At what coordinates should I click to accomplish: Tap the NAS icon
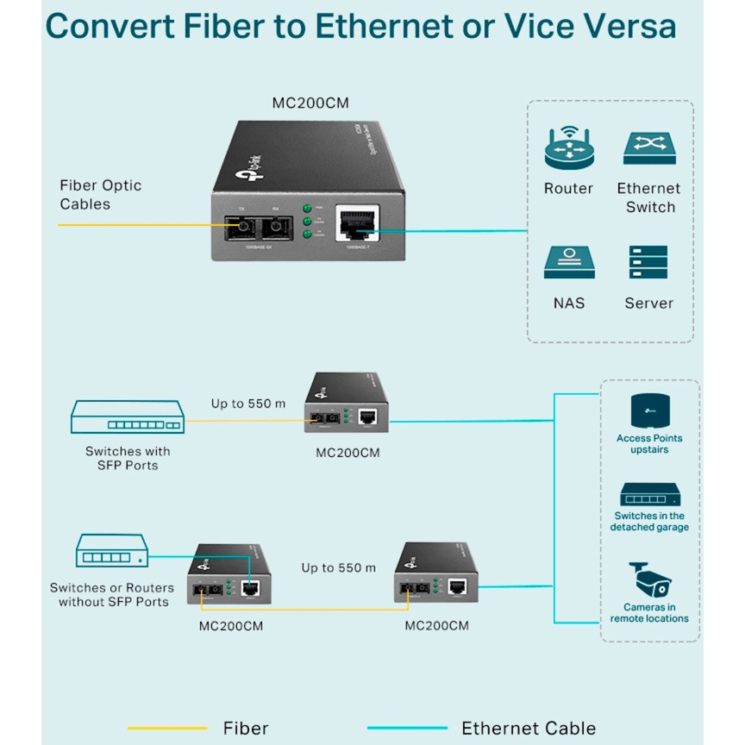(569, 263)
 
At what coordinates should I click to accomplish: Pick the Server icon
(648, 262)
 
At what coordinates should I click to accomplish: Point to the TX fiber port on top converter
(242, 227)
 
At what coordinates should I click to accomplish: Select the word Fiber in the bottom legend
(246, 729)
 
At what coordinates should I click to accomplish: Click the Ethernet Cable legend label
(529, 729)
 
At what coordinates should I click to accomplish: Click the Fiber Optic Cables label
(100, 195)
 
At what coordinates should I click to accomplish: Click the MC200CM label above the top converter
(310, 103)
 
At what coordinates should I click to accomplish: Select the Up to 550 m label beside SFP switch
(248, 403)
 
